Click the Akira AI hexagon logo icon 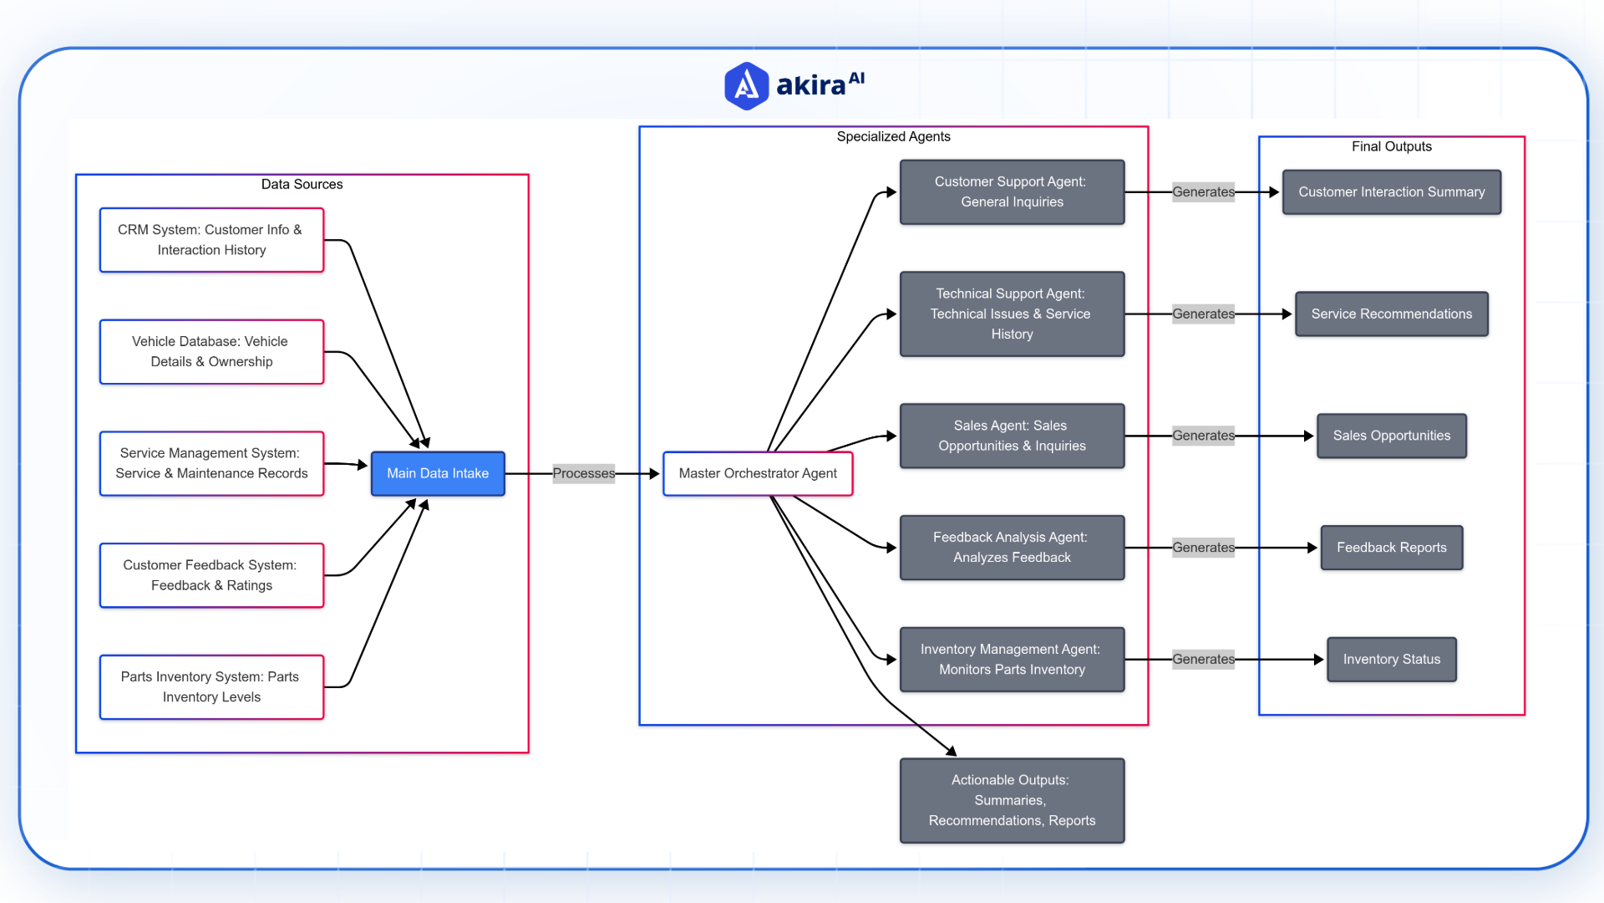746,85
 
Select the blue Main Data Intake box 438,473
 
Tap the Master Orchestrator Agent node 758,473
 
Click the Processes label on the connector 583,473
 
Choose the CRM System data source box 211,240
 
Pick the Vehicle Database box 211,351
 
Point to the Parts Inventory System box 211,686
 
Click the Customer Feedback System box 211,575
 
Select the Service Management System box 211,463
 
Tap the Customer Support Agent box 1012,191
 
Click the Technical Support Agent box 1012,314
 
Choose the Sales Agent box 1012,436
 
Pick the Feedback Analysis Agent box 1012,548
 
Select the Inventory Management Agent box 1012,659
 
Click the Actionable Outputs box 1012,800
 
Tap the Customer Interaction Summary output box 1391,191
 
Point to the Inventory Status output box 1391,659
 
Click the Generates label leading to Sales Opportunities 1203,436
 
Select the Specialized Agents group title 893,136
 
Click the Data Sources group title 302,184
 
